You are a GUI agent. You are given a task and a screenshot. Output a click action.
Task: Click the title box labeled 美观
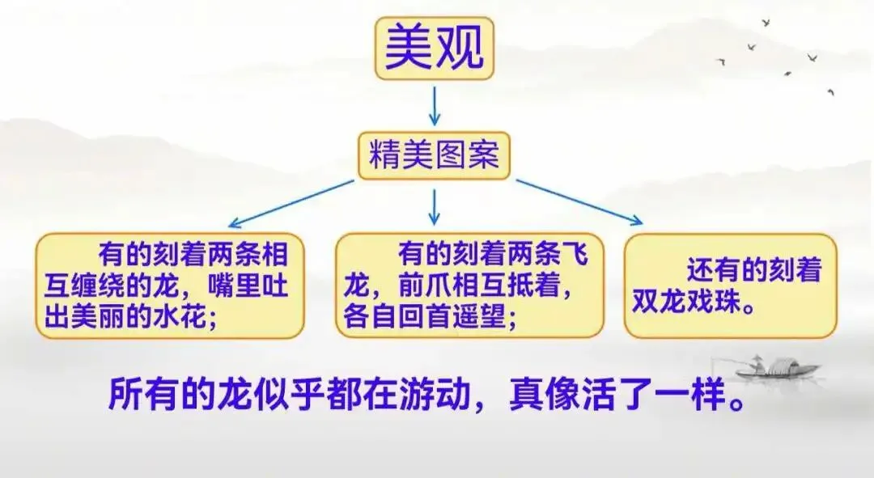pos(433,49)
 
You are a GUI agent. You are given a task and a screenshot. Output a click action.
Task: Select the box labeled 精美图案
pos(434,155)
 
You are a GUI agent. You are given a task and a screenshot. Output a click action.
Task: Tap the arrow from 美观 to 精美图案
pos(434,105)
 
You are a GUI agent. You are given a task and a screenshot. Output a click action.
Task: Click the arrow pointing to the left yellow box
pos(291,203)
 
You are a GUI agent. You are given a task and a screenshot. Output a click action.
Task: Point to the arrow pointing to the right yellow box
pos(579,201)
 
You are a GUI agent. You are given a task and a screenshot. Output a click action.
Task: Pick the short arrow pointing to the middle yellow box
pos(435,207)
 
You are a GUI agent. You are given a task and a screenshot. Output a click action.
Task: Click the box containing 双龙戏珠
pos(731,286)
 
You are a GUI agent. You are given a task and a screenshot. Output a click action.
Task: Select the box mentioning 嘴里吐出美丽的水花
pos(169,286)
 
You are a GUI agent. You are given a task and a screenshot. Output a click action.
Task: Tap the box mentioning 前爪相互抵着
pos(469,286)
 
